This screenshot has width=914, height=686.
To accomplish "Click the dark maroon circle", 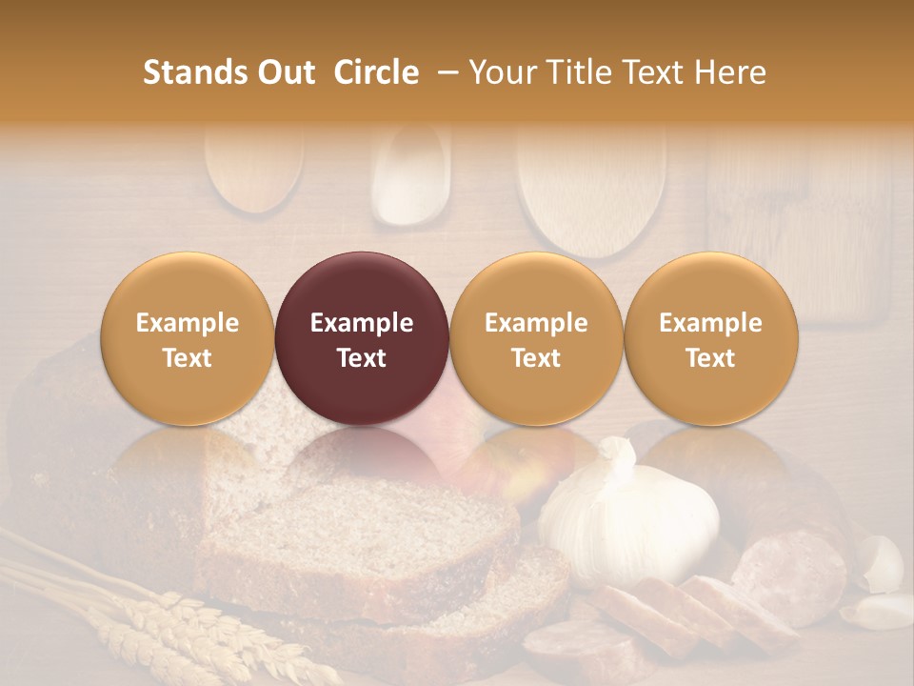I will pyautogui.click(x=362, y=339).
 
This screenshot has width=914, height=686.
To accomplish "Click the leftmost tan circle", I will pyautogui.click(x=187, y=339).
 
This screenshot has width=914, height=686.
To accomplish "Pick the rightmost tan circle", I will pyautogui.click(x=711, y=339).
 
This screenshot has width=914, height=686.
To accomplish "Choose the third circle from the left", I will pyautogui.click(x=536, y=339).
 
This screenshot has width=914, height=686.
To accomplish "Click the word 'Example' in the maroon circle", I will pyautogui.click(x=362, y=323).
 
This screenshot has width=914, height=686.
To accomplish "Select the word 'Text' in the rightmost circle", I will pyautogui.click(x=711, y=358).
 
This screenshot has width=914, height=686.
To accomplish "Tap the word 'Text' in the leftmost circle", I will pyautogui.click(x=187, y=358).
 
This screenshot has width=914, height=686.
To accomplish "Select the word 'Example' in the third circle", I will pyautogui.click(x=536, y=323).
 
